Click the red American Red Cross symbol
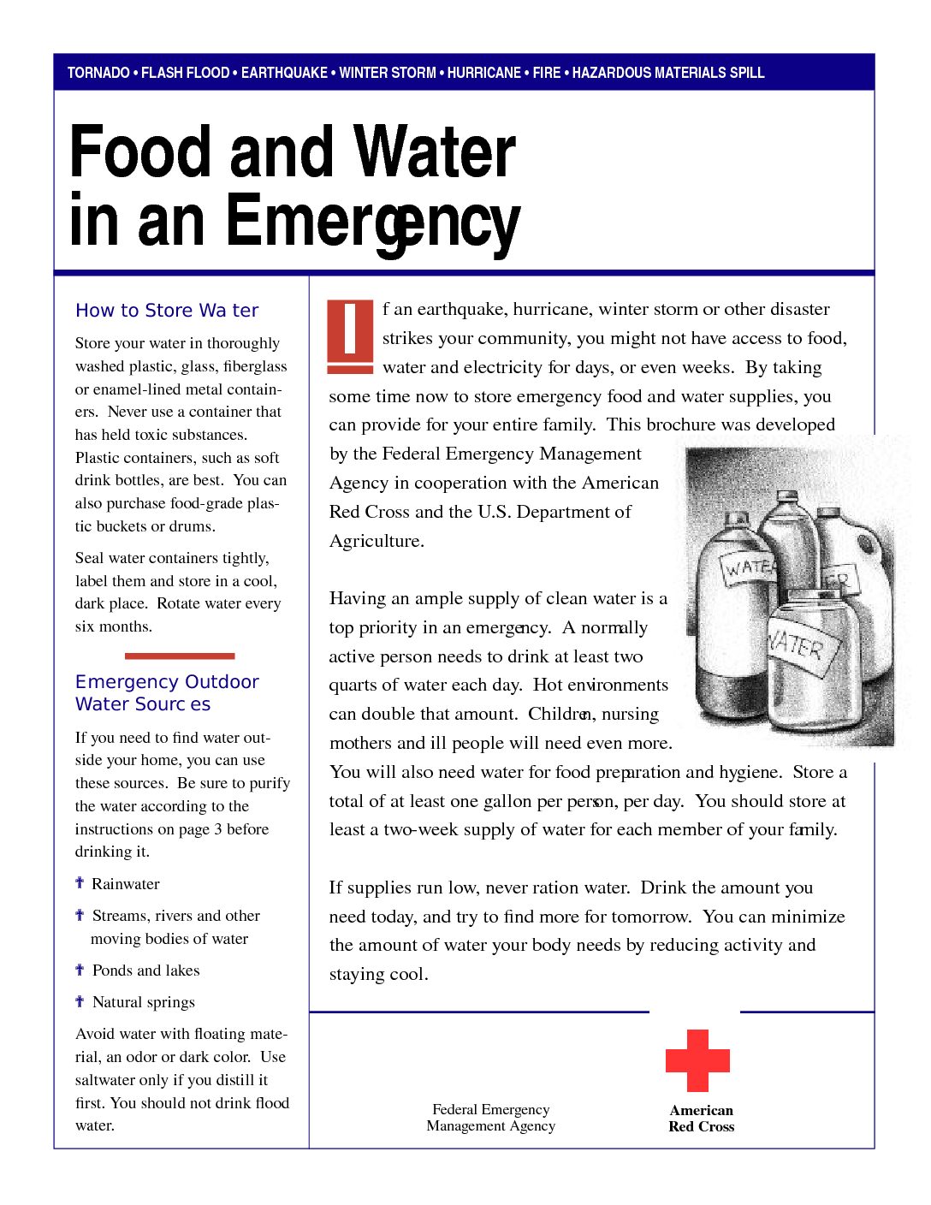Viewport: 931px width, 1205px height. (697, 1060)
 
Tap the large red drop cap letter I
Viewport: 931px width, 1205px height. (350, 335)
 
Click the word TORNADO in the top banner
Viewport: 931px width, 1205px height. (98, 73)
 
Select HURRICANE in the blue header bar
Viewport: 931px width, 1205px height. (483, 73)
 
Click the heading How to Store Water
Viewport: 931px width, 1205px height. (167, 311)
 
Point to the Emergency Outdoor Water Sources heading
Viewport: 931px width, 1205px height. (167, 693)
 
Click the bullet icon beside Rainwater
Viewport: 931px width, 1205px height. (80, 883)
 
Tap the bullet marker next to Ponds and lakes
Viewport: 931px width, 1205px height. (80, 970)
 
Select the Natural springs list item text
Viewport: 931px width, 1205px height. (144, 1002)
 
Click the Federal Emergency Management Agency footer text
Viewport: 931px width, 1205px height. (491, 1118)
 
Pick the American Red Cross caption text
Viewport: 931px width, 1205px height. (702, 1119)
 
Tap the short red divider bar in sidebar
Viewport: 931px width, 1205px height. (180, 656)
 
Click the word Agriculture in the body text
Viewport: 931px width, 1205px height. (376, 541)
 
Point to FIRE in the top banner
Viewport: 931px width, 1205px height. (547, 73)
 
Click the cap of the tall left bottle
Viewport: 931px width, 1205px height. (737, 519)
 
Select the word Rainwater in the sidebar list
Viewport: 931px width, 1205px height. (126, 884)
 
